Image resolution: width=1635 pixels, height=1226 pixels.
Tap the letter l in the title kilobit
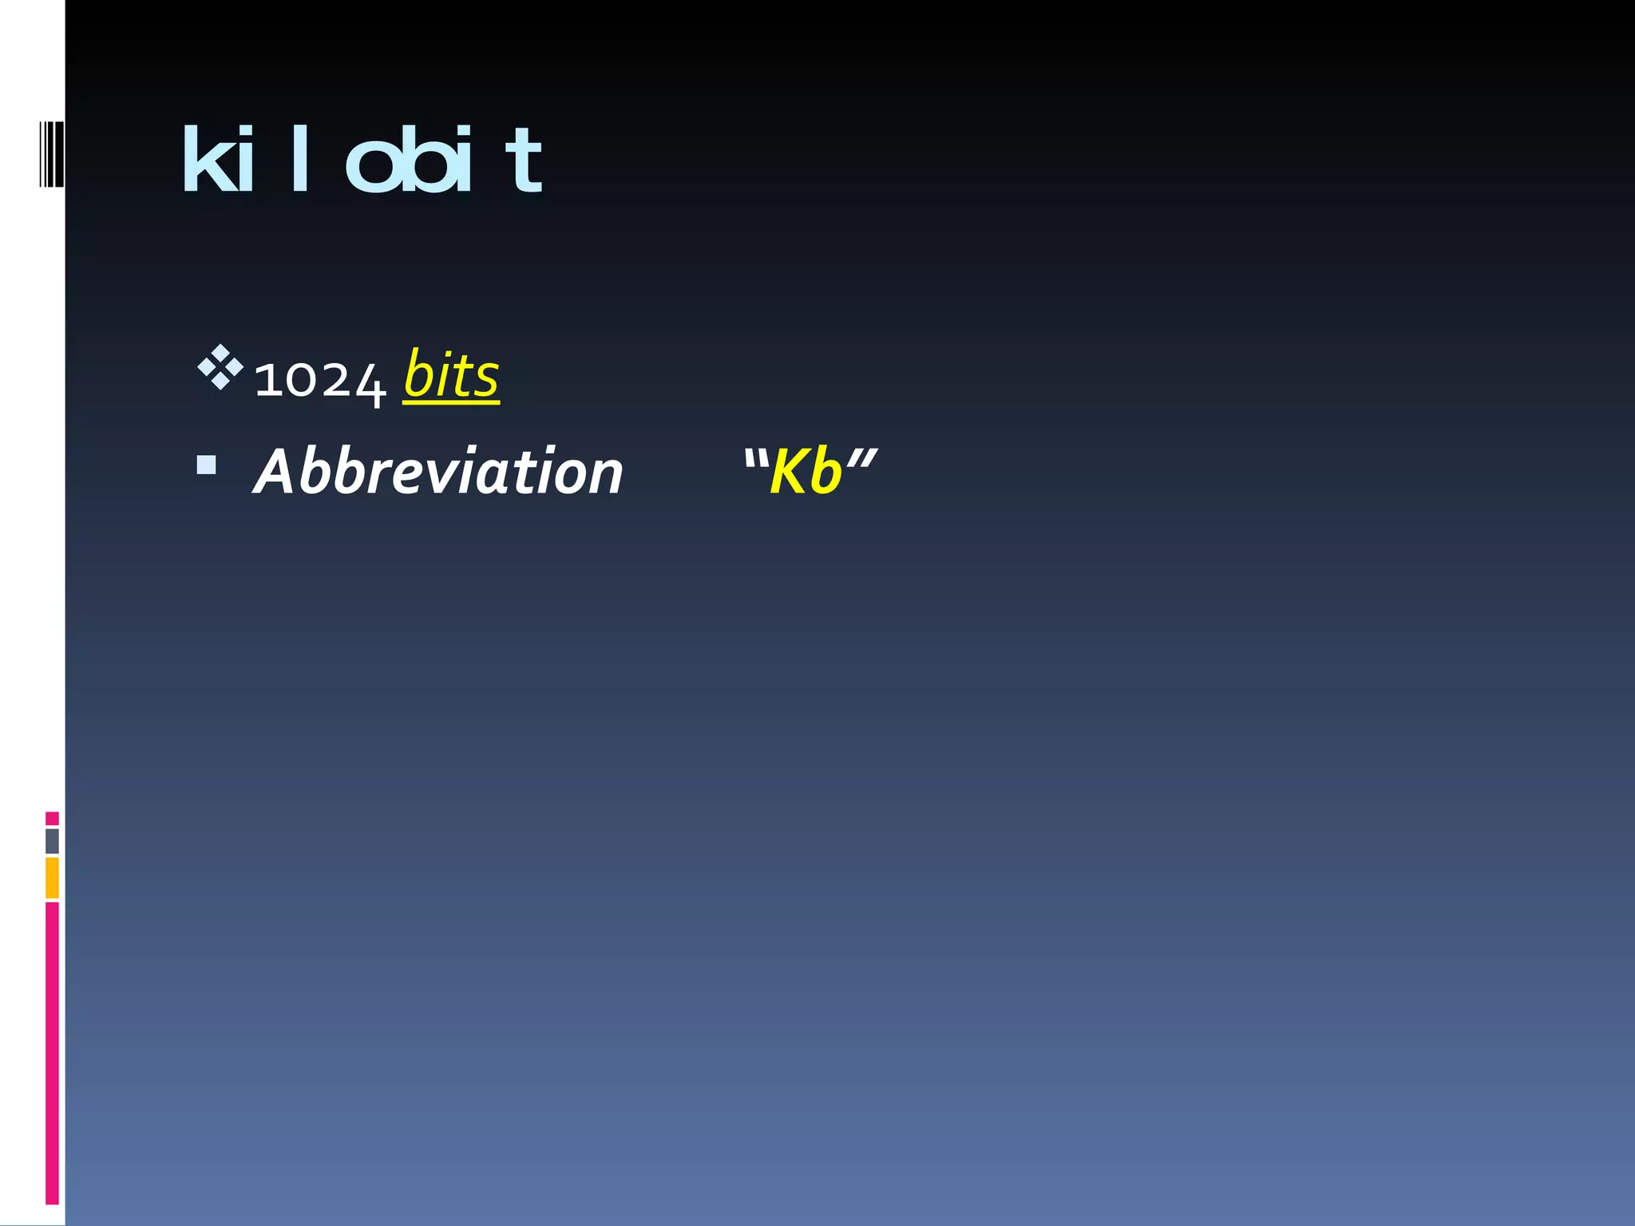(x=300, y=160)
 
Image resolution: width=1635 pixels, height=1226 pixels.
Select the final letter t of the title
(x=524, y=164)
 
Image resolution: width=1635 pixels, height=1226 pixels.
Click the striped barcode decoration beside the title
(x=51, y=153)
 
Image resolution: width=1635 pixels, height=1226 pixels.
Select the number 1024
(x=319, y=380)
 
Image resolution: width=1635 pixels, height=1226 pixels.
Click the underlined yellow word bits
(x=451, y=375)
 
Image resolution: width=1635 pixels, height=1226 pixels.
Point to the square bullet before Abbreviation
(x=207, y=465)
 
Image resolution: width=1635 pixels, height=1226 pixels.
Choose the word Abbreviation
(x=437, y=472)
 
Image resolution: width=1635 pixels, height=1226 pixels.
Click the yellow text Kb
(x=806, y=472)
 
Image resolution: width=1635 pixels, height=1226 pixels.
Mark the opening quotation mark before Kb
(x=754, y=458)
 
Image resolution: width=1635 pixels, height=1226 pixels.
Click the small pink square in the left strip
(x=52, y=818)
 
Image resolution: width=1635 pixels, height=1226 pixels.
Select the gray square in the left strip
(x=52, y=841)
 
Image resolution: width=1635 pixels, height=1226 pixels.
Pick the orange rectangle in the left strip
(x=52, y=877)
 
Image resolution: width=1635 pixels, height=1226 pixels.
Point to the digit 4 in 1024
(x=370, y=384)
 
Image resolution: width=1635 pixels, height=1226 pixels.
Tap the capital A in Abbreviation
(x=275, y=472)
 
